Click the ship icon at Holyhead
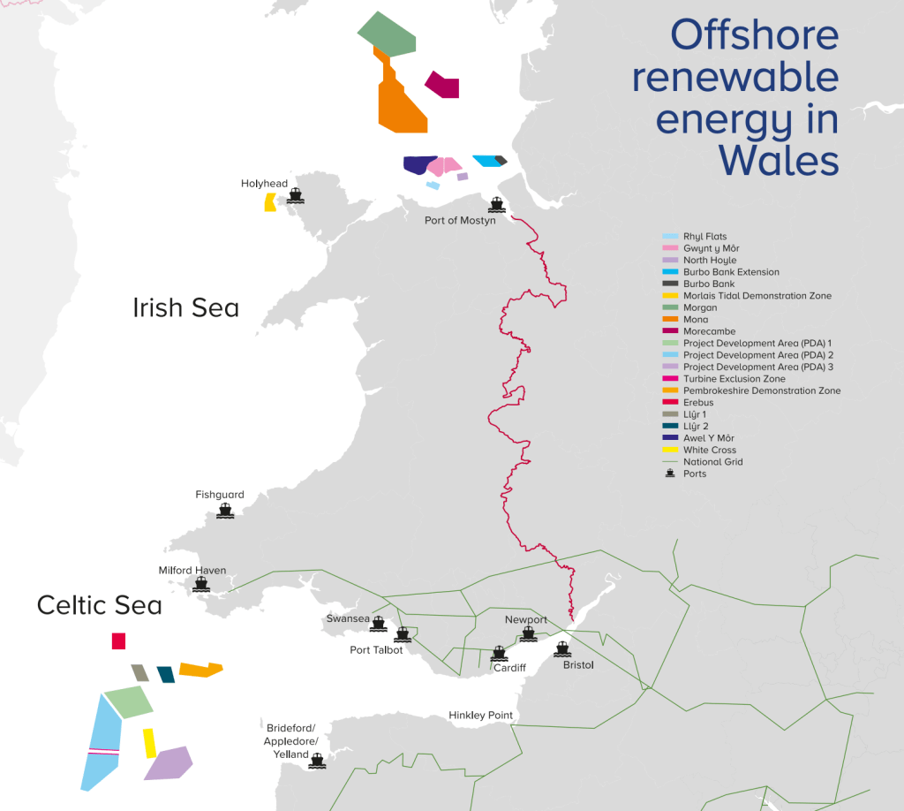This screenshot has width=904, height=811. point(295,196)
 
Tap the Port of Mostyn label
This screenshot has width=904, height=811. point(459,221)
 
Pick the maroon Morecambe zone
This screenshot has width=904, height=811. point(443,86)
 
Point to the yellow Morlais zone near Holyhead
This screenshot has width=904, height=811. point(269,202)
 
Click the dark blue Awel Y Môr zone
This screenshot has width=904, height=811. point(418,165)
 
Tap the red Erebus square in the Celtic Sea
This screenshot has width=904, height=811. point(118,641)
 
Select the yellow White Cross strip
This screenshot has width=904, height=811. point(149,743)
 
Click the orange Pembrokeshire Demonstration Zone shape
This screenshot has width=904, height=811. point(198,670)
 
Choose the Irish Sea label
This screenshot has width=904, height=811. point(185,307)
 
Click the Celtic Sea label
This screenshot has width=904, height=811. point(99,605)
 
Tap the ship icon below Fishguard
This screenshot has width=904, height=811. point(225,512)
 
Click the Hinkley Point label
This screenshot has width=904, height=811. point(480,715)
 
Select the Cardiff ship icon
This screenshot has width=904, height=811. point(499,654)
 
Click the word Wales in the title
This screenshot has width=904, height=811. point(778,161)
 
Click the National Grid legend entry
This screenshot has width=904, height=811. point(712,462)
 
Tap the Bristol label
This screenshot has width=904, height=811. point(578,664)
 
